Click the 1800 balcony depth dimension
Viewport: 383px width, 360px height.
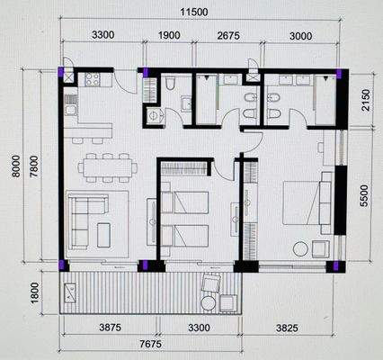click(33, 292)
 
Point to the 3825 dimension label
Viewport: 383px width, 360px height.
click(289, 330)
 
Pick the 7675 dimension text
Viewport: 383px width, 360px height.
click(149, 346)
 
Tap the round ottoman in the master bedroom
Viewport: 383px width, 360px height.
click(299, 248)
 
